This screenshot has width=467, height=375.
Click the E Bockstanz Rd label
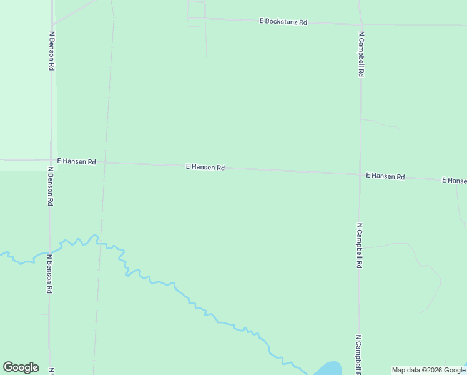click(x=283, y=22)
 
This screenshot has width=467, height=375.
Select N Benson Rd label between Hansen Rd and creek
click(x=51, y=186)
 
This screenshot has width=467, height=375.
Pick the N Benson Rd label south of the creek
click(x=49, y=274)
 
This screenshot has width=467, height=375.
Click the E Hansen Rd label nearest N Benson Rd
click(x=76, y=161)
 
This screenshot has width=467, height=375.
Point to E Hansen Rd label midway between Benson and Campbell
click(x=205, y=167)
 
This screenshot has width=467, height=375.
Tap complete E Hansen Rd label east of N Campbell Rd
click(x=385, y=176)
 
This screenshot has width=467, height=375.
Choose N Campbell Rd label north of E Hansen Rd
click(x=361, y=54)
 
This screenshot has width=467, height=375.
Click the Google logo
click(x=21, y=367)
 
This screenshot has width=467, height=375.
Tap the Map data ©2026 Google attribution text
click(x=428, y=370)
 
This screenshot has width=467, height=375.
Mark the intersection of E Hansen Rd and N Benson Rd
click(x=51, y=160)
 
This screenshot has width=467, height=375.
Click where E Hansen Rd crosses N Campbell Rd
click(x=360, y=174)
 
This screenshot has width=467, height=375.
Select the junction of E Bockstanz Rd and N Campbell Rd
click(x=360, y=24)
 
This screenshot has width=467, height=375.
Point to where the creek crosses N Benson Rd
click(x=50, y=252)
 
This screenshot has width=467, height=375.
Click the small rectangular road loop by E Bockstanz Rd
click(x=196, y=14)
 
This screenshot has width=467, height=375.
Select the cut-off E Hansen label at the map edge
click(x=454, y=181)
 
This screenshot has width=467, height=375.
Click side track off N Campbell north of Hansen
click(x=381, y=123)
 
